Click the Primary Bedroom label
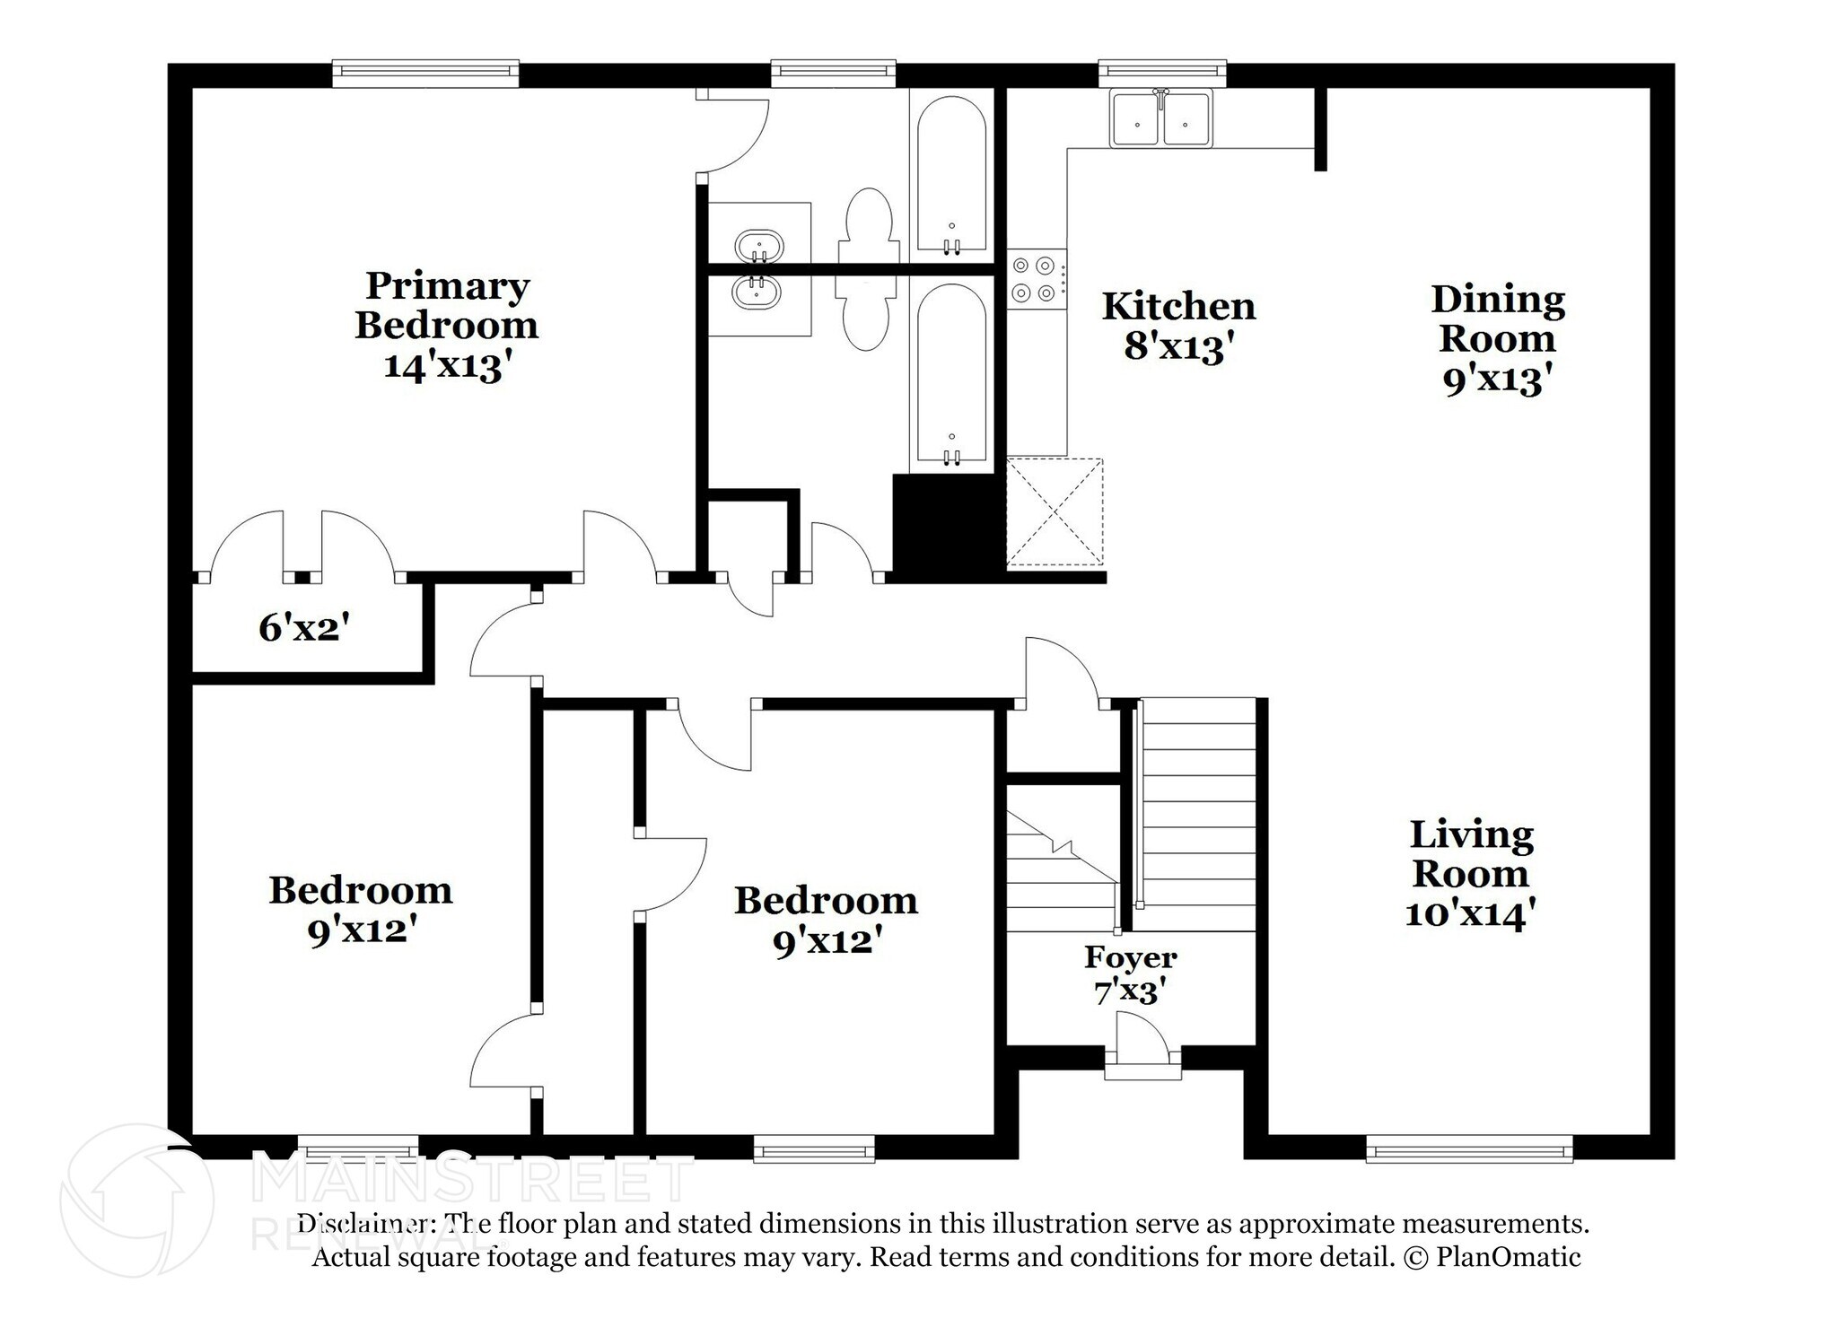coord(446,306)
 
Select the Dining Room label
coord(1497,319)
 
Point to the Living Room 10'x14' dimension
coord(1470,914)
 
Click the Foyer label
coord(1130,957)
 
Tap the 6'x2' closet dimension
coord(303,628)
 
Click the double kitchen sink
coord(1161,118)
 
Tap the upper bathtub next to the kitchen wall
coord(951,175)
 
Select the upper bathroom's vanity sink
coord(758,245)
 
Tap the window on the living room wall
coord(1469,1149)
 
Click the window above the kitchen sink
coord(1162,71)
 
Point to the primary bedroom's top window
coord(425,73)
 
